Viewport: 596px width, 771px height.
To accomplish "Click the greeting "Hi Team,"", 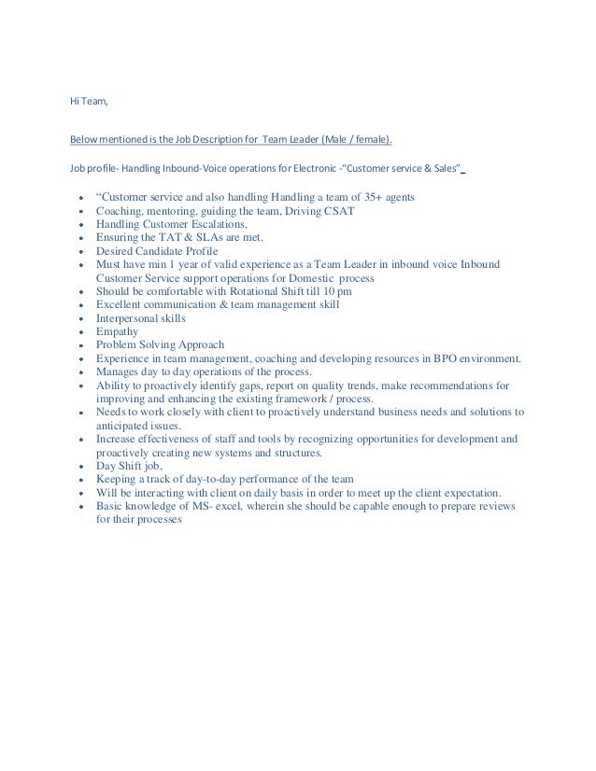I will (90, 102).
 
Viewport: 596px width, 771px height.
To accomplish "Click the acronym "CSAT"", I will (335, 211).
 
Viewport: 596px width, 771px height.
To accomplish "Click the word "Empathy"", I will (117, 331).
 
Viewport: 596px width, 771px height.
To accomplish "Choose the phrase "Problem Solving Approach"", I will (156, 344).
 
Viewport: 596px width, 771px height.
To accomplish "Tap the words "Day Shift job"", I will (128, 466).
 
